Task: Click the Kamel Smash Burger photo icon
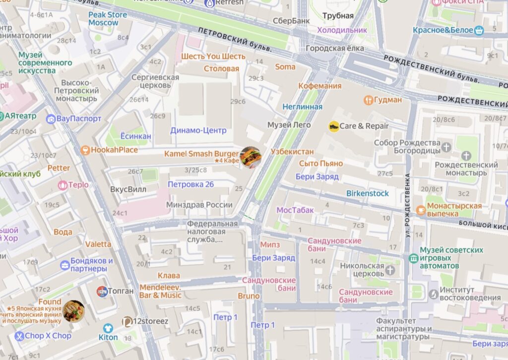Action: pos(251,157)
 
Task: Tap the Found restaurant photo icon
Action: pos(73,311)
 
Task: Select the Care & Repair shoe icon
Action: pos(334,126)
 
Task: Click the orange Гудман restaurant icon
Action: pos(368,100)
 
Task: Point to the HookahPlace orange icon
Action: pos(85,150)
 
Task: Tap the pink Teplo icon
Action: pos(63,185)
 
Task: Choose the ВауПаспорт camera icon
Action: pos(51,119)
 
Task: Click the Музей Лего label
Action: pos(289,125)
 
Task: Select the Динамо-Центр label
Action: pos(198,130)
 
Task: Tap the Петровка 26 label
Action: pos(191,184)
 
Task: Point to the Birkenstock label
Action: pos(367,193)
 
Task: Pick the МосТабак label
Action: pos(295,210)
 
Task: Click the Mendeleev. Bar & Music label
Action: pos(160,291)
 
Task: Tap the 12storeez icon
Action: pos(127,322)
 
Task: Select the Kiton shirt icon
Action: pos(108,328)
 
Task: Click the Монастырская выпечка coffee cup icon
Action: pos(421,210)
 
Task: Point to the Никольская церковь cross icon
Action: pos(390,270)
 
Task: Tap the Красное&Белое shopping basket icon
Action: pos(479,30)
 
